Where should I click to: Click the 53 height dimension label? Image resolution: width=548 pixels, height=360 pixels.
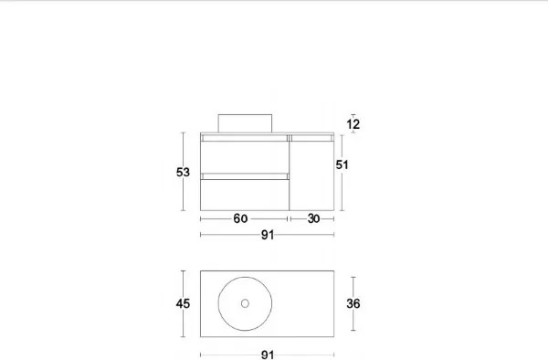point(184,172)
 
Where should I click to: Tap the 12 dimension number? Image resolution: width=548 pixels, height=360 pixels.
point(353,124)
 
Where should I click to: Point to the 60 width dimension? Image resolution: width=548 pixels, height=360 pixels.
point(240,219)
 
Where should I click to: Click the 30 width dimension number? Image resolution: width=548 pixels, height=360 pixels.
point(312,219)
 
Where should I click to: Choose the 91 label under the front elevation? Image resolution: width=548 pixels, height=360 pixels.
point(268,235)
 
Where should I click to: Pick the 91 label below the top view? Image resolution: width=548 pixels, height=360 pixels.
point(268,355)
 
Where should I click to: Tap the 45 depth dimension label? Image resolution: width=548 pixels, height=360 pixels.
point(184,304)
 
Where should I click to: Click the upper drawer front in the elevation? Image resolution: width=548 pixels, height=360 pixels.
point(244,155)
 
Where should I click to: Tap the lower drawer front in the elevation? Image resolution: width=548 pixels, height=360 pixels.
point(244,195)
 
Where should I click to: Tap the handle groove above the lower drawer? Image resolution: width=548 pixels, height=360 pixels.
point(244,174)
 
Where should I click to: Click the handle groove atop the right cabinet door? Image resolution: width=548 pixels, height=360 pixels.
point(311,136)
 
